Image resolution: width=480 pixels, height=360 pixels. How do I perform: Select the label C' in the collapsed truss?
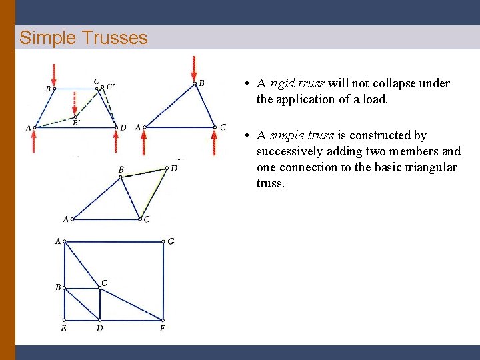110,85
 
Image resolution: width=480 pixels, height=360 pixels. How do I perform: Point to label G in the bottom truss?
171,241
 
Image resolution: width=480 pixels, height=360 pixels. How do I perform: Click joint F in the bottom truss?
163,319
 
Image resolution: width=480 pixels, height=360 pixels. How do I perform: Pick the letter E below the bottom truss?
63,329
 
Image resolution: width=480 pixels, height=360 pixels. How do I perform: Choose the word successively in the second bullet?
289,151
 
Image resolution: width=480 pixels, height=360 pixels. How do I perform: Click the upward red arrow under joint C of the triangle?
214,141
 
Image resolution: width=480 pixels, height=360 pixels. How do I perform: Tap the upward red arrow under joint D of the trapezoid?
116,141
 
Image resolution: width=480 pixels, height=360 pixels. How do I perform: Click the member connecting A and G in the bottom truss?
113,241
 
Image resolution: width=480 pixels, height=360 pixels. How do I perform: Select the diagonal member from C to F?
131,303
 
